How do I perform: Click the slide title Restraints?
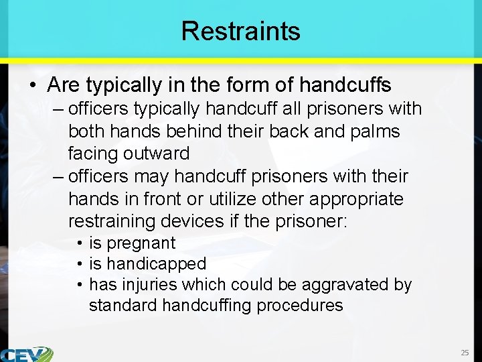click(240, 31)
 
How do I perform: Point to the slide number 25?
click(465, 353)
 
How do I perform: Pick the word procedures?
click(301, 306)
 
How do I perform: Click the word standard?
click(123, 306)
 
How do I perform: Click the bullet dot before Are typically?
click(33, 86)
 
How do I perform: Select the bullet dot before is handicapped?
click(80, 264)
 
